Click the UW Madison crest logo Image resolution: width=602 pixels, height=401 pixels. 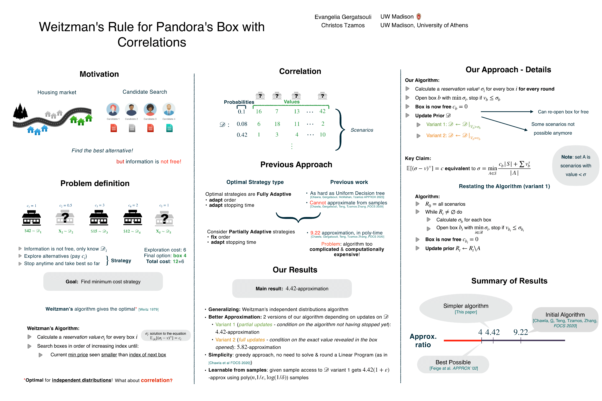click(419, 17)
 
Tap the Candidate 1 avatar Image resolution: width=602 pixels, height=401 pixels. click(113, 109)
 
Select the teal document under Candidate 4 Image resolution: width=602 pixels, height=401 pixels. click(169, 128)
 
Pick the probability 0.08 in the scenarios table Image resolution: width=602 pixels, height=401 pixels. click(242, 124)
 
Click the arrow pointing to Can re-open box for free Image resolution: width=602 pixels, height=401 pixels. click(507, 112)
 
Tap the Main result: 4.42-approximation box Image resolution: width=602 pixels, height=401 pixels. click(292, 288)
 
